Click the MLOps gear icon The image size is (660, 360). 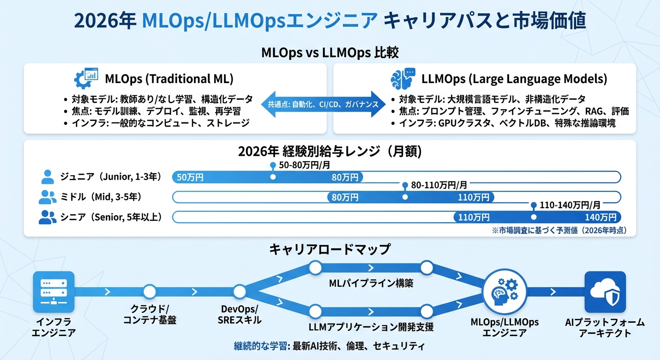click(x=86, y=79)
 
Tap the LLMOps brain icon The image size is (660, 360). click(x=403, y=79)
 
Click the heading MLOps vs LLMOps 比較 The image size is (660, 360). click(x=330, y=52)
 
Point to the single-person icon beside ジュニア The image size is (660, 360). click(x=48, y=177)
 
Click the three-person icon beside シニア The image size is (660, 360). click(x=47, y=217)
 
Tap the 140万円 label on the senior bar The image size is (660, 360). click(x=600, y=217)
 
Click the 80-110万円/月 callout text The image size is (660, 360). click(x=439, y=185)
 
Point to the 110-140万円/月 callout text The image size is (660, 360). click(x=570, y=205)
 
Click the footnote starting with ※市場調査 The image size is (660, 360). click(x=559, y=230)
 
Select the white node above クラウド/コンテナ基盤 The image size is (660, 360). click(x=150, y=292)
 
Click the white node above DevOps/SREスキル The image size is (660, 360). click(x=240, y=292)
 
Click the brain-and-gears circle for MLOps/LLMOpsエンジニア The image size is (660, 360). click(x=504, y=292)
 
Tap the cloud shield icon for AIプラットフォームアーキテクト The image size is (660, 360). click(x=605, y=292)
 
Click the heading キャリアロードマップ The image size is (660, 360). click(x=330, y=249)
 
